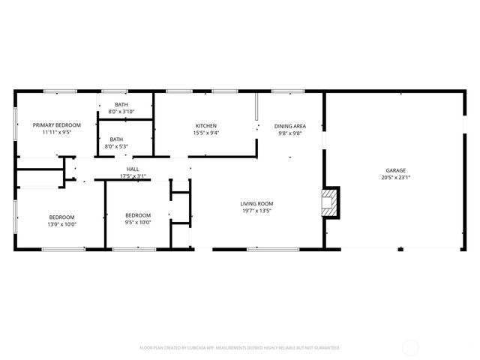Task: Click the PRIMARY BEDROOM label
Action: (x=56, y=124)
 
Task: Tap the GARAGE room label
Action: (x=396, y=170)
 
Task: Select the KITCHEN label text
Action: (x=206, y=125)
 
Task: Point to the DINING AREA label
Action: (x=289, y=126)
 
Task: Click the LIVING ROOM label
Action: (x=256, y=203)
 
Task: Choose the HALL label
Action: (x=133, y=169)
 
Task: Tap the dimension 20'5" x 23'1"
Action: (x=396, y=178)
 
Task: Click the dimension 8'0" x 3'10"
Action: (x=121, y=112)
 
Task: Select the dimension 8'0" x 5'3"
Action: (x=117, y=146)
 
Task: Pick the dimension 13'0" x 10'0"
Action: (x=63, y=223)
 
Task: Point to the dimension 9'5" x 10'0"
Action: (x=138, y=222)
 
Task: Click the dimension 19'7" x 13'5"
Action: (x=256, y=211)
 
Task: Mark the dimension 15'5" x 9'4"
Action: (x=206, y=133)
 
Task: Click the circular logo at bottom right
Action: (x=410, y=347)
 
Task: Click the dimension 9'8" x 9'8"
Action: (x=289, y=133)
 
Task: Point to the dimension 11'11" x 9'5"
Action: (x=56, y=132)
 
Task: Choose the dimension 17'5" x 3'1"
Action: (x=133, y=176)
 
